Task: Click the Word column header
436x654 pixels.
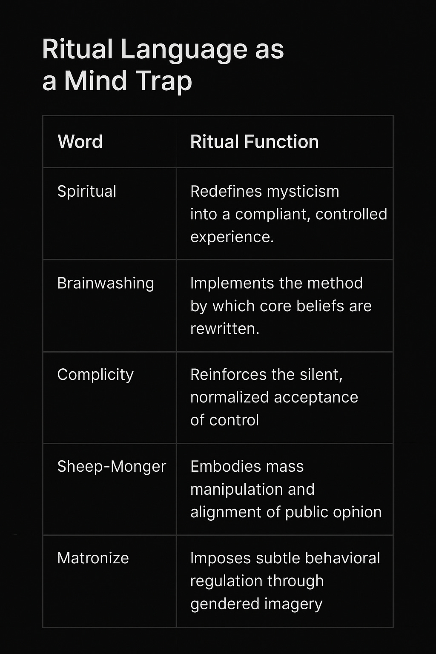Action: (80, 142)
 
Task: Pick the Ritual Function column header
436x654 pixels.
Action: (254, 142)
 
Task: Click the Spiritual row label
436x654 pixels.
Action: (86, 192)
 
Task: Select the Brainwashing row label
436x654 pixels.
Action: (106, 283)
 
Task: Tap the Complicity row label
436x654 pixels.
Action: (95, 375)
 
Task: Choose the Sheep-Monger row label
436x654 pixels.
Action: (112, 467)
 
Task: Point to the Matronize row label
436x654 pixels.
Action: (93, 558)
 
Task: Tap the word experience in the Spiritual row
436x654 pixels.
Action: (232, 237)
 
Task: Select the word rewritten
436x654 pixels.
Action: (224, 329)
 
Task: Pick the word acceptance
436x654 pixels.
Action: (316, 397)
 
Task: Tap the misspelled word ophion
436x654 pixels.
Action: (358, 512)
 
